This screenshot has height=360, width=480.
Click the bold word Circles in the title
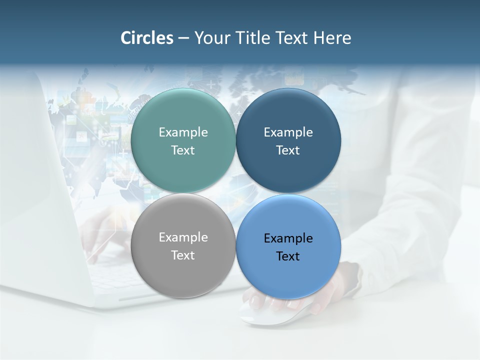tap(147, 38)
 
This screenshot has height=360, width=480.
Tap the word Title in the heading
tap(253, 38)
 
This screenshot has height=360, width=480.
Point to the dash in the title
tap(183, 38)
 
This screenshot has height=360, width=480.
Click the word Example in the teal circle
tap(183, 132)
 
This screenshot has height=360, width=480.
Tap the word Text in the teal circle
tap(183, 150)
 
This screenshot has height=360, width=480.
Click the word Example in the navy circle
tap(288, 132)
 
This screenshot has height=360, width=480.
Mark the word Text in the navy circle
tap(288, 150)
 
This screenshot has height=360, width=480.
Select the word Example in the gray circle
tap(183, 237)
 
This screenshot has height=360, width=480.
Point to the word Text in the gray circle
tap(183, 255)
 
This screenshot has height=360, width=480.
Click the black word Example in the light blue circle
tap(288, 238)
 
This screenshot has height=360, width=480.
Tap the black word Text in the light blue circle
tap(288, 256)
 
